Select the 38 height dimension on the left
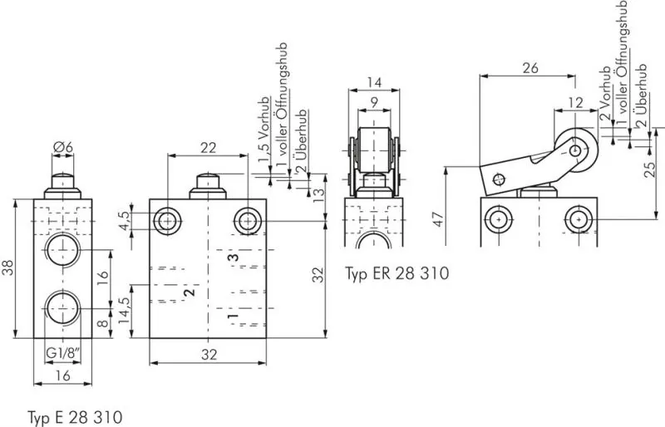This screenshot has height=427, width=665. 9,267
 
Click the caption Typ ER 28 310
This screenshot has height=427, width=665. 397,272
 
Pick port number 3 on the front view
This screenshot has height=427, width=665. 235,259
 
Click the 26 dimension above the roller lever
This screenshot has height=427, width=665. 530,68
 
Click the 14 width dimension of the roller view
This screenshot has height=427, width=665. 373,83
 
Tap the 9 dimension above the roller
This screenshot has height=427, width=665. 374,103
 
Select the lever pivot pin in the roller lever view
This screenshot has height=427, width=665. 499,178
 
